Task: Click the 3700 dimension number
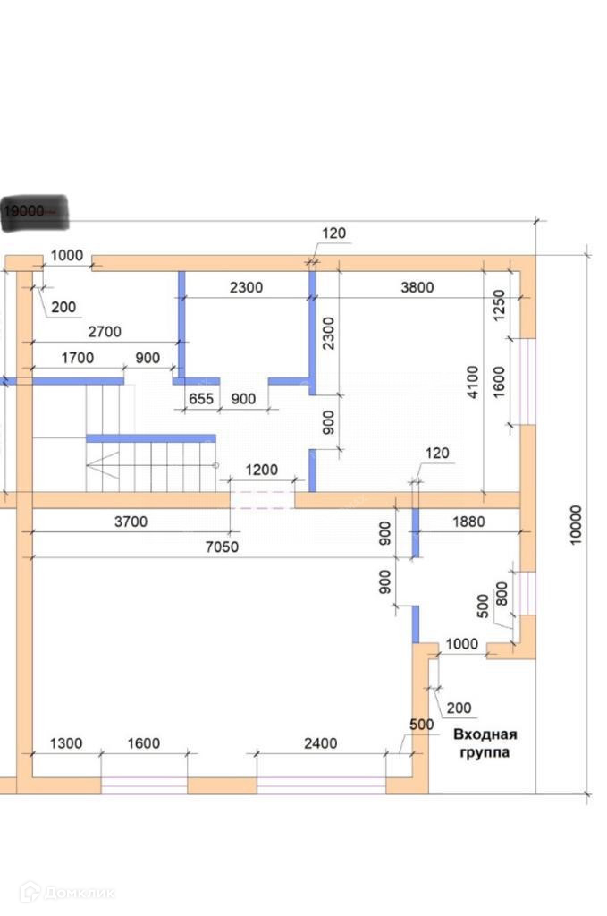(x=130, y=521)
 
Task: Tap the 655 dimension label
(x=201, y=399)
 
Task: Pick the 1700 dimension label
(x=78, y=359)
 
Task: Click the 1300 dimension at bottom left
(x=65, y=742)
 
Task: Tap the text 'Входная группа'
(x=485, y=743)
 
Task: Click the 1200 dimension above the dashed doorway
(x=262, y=469)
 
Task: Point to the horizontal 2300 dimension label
(x=246, y=287)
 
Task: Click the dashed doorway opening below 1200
(x=263, y=499)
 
